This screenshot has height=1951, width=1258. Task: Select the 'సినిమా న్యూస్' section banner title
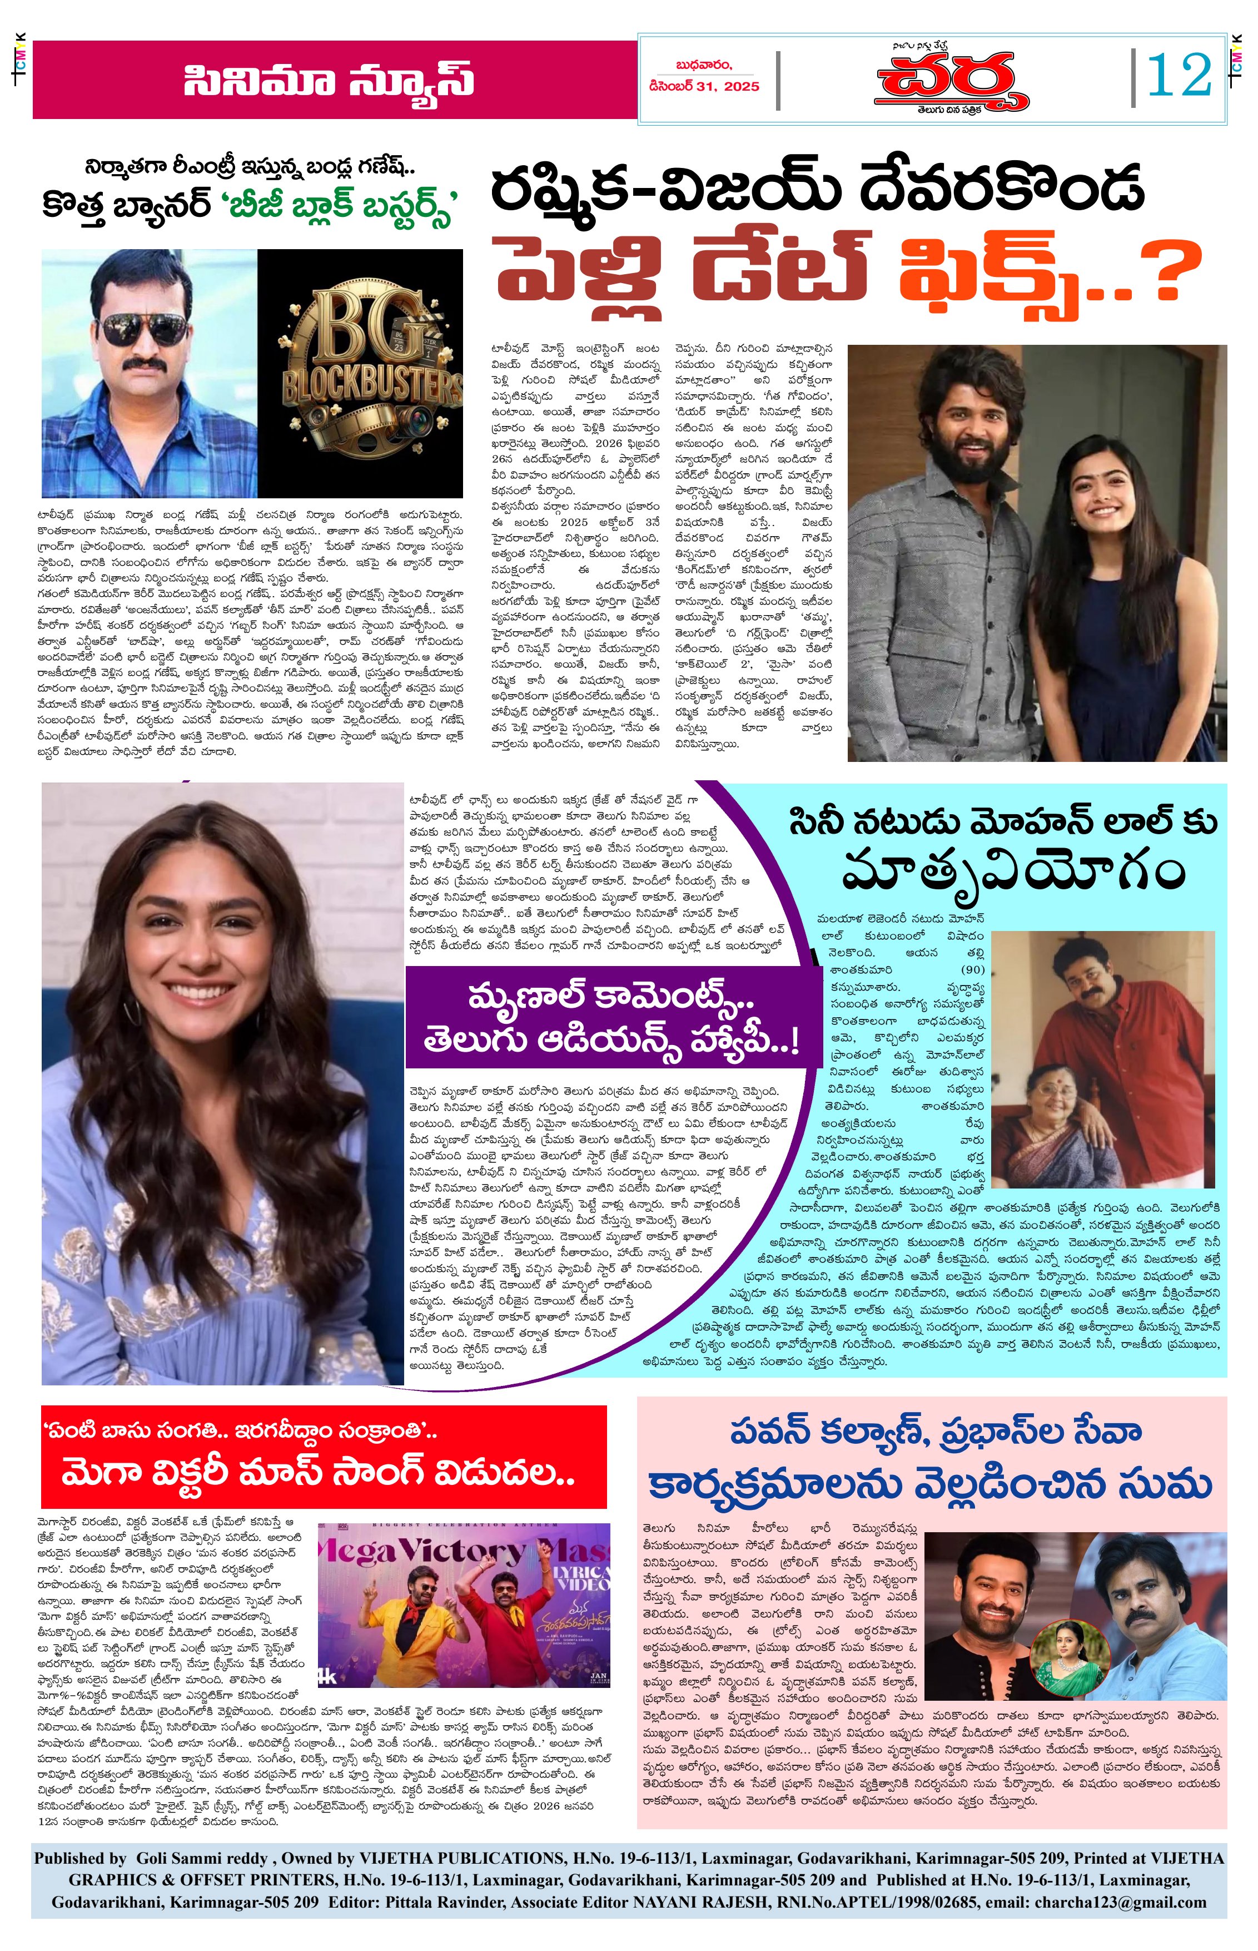click(329, 81)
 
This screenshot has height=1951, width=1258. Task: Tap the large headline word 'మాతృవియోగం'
click(1013, 871)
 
